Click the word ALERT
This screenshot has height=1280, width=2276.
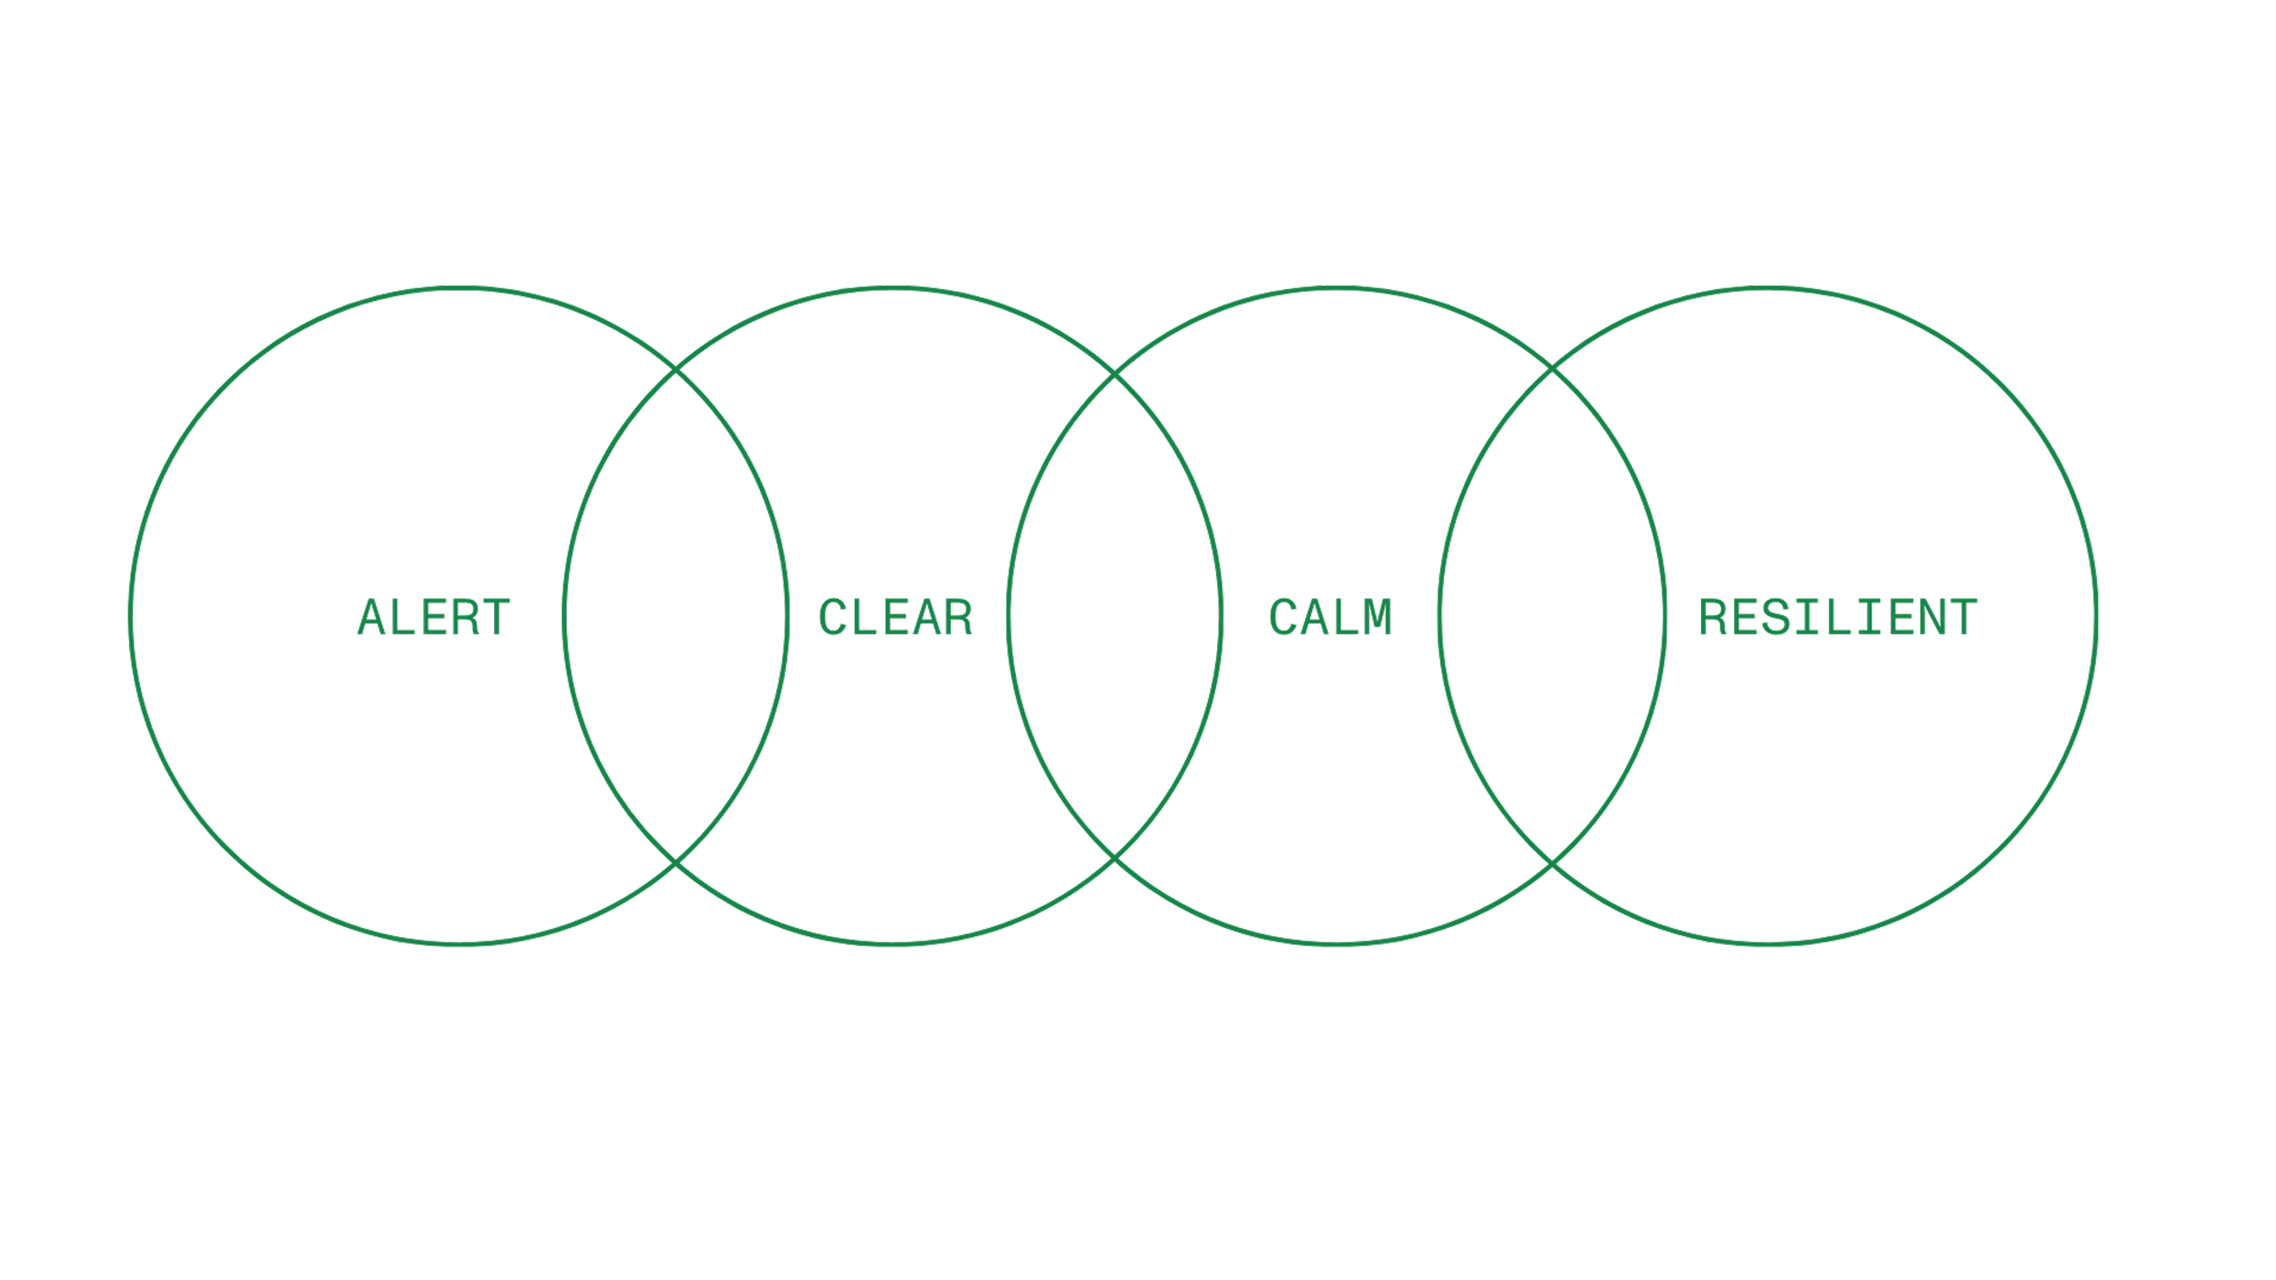click(x=434, y=617)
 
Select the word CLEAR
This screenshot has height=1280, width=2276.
click(x=895, y=617)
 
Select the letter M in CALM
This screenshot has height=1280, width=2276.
click(x=1377, y=617)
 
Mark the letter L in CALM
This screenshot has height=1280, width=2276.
click(x=1347, y=617)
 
